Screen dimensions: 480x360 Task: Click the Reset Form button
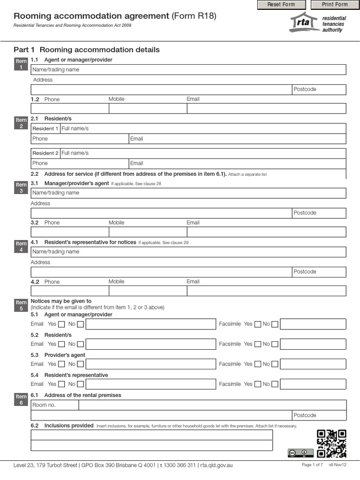[x=281, y=5]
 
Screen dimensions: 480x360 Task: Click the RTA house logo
[x=304, y=22]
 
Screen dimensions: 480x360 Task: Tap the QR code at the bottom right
[x=331, y=443]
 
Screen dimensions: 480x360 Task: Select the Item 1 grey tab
[x=21, y=64]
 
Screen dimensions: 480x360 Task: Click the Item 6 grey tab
[x=21, y=400]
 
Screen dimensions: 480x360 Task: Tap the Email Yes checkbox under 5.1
[x=61, y=324]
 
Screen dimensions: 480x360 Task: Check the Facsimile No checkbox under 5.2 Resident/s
[x=275, y=344]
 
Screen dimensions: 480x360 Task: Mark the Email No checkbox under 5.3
[x=81, y=364]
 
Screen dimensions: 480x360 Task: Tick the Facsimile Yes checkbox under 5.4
[x=258, y=384]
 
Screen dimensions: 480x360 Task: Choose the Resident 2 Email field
[x=237, y=163]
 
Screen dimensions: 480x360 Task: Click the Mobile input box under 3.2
[x=148, y=232]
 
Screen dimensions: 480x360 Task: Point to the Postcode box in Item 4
[x=319, y=272]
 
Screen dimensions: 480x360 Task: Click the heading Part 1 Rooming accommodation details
[x=87, y=50]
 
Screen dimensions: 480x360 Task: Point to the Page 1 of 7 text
[x=312, y=465]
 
